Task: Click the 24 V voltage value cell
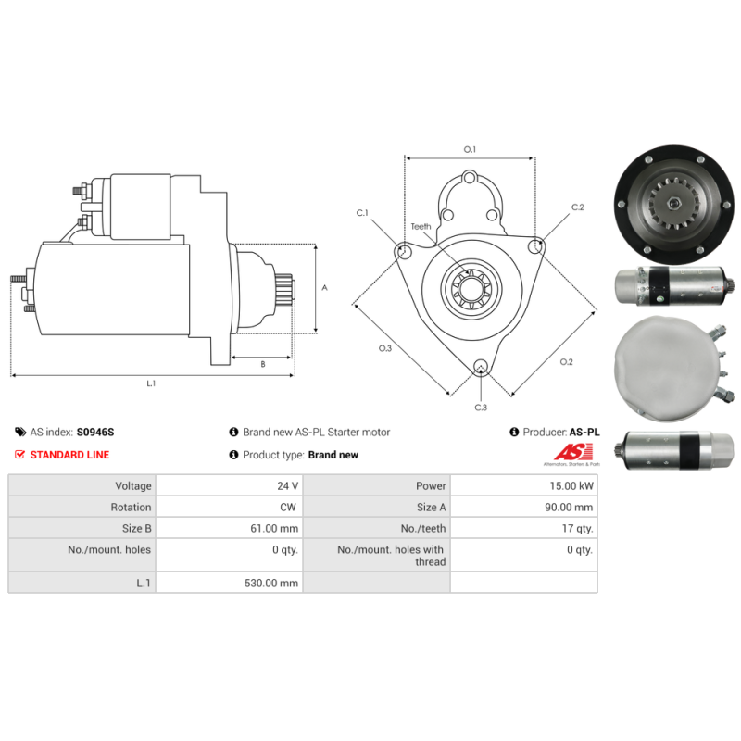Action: click(287, 485)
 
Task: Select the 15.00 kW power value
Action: click(571, 485)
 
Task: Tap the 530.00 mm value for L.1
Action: click(271, 583)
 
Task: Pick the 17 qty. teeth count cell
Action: click(577, 528)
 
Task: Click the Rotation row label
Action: click(131, 507)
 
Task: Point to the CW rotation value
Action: click(288, 507)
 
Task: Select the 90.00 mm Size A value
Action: click(569, 507)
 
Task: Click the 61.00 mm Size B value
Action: click(274, 528)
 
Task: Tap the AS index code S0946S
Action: click(95, 432)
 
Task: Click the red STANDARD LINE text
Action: click(69, 455)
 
